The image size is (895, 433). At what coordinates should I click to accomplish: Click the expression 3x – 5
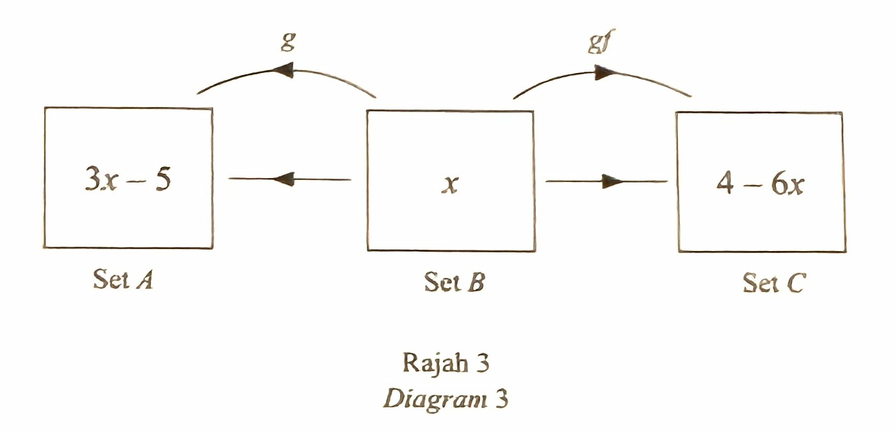click(x=128, y=179)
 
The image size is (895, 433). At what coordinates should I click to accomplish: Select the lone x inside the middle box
click(x=450, y=184)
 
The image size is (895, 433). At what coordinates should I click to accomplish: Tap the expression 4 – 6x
click(x=760, y=184)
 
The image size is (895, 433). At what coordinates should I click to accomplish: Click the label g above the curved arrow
click(x=288, y=41)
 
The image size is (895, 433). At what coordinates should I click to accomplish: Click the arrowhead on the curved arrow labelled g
click(x=283, y=69)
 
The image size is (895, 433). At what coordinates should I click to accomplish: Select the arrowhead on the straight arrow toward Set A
click(x=283, y=179)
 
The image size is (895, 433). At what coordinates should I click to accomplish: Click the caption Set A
click(x=123, y=279)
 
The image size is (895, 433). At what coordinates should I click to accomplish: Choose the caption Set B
click(x=455, y=281)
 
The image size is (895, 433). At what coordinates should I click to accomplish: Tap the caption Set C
click(x=773, y=282)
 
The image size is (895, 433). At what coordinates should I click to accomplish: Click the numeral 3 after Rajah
click(x=482, y=363)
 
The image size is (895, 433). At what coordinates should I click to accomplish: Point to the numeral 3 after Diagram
click(x=501, y=398)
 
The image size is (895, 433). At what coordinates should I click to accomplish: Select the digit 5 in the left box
click(x=163, y=179)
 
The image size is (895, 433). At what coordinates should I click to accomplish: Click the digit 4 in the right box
click(x=725, y=184)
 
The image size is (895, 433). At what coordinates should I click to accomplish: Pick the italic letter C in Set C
click(x=796, y=282)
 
